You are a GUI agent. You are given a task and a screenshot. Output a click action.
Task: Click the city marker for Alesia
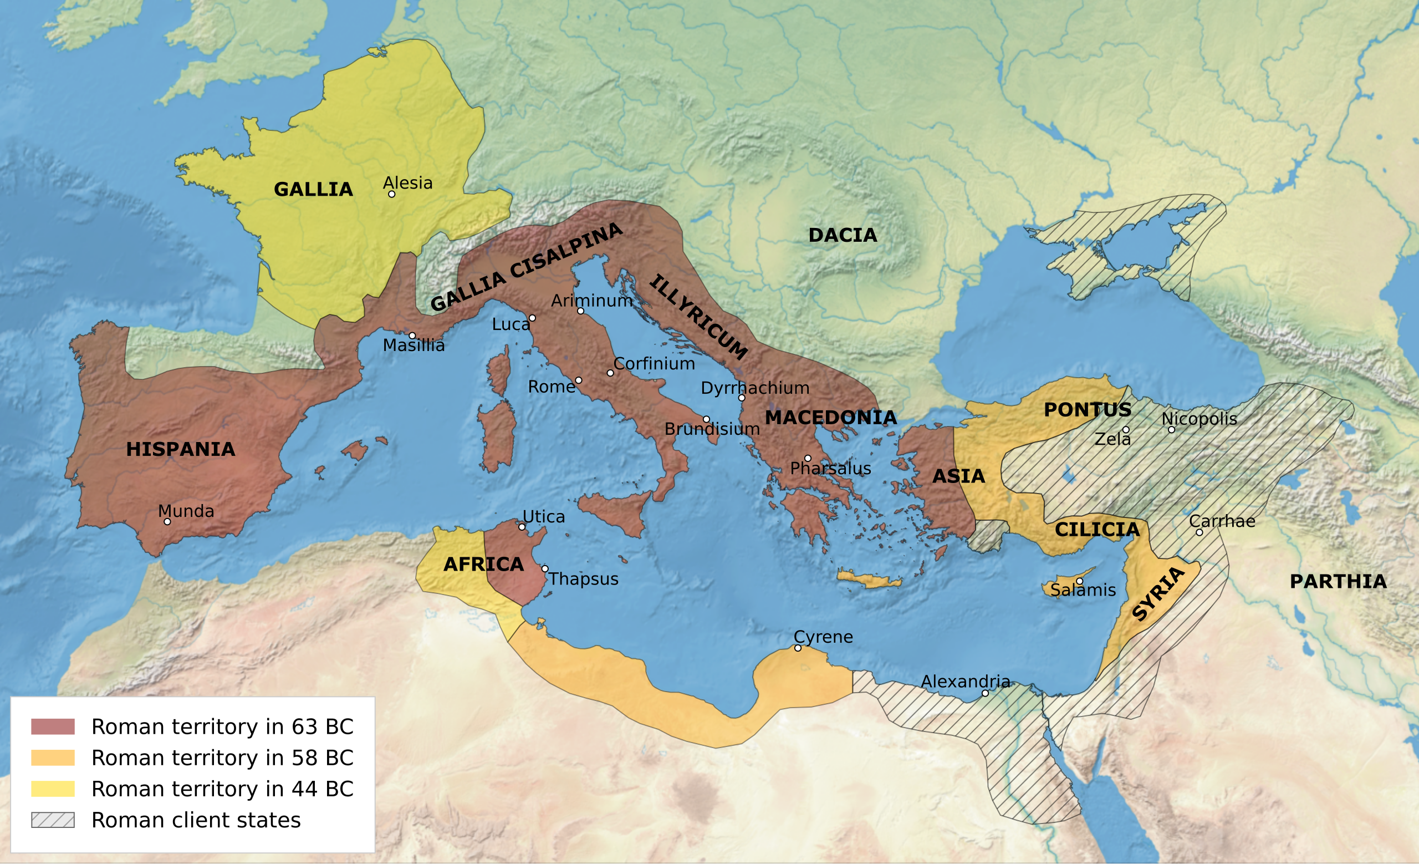click(391, 194)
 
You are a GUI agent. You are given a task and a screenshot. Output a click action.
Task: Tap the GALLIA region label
click(313, 190)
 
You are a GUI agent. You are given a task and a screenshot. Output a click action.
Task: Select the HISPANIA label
click(180, 449)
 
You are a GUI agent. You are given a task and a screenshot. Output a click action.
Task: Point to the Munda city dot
click(167, 522)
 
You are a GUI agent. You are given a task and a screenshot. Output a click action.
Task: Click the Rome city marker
click(578, 380)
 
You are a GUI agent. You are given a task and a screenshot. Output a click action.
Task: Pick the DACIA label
click(843, 235)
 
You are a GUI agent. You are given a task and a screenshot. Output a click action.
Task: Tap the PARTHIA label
click(1338, 582)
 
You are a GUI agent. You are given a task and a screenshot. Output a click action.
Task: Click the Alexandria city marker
click(985, 694)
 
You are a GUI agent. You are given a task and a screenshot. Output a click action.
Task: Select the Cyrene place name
click(823, 637)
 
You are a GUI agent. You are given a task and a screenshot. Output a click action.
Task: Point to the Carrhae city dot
click(1199, 533)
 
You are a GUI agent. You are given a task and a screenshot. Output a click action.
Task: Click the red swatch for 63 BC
click(53, 727)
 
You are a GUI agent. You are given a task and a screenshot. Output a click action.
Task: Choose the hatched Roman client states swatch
click(53, 820)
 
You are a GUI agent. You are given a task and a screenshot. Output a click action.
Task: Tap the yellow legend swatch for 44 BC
click(53, 789)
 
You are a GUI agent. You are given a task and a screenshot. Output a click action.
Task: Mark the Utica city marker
click(522, 527)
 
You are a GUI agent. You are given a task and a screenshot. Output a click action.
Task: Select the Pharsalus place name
click(830, 468)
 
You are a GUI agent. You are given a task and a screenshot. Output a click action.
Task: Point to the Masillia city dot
click(412, 336)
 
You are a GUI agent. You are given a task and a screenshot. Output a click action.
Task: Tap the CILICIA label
click(1096, 530)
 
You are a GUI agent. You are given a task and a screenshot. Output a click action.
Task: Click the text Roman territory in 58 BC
click(222, 758)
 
